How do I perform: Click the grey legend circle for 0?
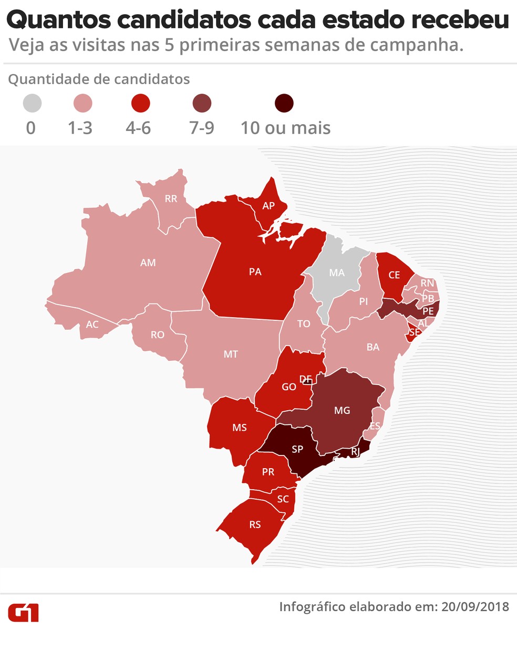pyautogui.click(x=32, y=103)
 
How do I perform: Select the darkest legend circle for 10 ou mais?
pyautogui.click(x=284, y=103)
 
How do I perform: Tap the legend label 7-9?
pyautogui.click(x=202, y=128)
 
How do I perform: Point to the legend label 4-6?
pyautogui.click(x=138, y=128)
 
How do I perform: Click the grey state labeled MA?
pyautogui.click(x=337, y=273)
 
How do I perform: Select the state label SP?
pyautogui.click(x=297, y=449)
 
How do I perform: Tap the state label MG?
pyautogui.click(x=342, y=410)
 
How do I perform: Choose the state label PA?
pyautogui.click(x=255, y=272)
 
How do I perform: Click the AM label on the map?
pyautogui.click(x=148, y=262)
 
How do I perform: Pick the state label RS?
pyautogui.click(x=255, y=524)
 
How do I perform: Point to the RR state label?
pyautogui.click(x=171, y=199)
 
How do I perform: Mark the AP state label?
pyautogui.click(x=268, y=206)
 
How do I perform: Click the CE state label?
pyautogui.click(x=394, y=275)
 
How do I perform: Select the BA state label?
pyautogui.click(x=373, y=347)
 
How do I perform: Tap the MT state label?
pyautogui.click(x=231, y=355)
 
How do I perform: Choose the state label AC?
pyautogui.click(x=92, y=325)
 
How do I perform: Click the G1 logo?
pyautogui.click(x=23, y=613)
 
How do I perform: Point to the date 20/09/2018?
pyautogui.click(x=475, y=606)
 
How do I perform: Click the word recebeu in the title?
pyautogui.click(x=460, y=20)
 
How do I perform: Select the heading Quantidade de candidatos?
pyautogui.click(x=99, y=79)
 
